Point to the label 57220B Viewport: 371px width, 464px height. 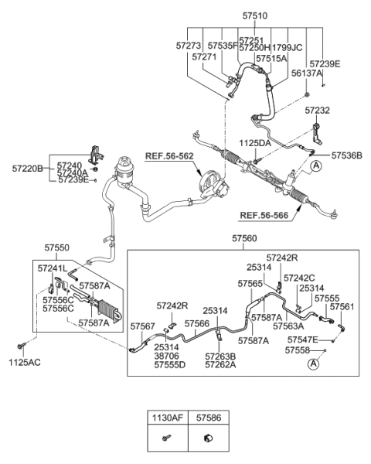28,166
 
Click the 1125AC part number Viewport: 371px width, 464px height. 25,361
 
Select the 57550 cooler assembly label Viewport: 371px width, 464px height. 58,248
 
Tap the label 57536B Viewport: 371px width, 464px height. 346,155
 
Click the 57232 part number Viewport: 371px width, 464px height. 317,111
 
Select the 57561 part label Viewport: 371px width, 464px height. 342,306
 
